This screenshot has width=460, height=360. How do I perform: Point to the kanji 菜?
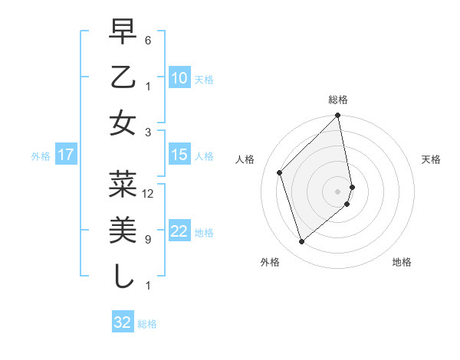123,184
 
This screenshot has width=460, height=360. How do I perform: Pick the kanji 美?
123,230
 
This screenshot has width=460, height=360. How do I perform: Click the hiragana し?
123,276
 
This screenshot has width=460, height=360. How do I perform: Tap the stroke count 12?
148,194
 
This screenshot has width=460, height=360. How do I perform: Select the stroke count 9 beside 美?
148,240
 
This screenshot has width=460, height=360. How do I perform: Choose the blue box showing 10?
179,78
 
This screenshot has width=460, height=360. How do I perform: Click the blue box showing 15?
179,155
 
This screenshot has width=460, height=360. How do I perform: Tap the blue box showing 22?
179,231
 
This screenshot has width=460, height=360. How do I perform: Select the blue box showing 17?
66,155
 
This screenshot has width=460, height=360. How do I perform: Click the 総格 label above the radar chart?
338,100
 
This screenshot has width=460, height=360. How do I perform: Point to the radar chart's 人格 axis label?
245,159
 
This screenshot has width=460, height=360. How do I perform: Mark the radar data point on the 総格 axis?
338,116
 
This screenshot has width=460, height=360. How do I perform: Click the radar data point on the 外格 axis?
301,242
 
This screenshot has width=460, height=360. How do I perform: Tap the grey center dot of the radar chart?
337,191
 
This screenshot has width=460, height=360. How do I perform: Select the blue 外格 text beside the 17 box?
41,156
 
